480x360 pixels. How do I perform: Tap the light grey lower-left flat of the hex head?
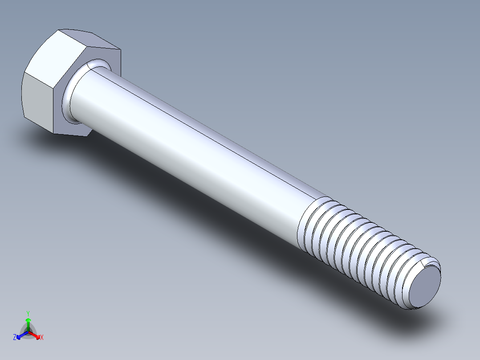click(38, 100)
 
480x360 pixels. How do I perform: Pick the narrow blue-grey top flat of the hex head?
click(89, 38)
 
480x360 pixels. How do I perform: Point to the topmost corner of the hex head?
click(59, 30)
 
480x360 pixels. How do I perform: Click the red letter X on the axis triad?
click(42, 338)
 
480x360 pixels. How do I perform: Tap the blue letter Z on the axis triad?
click(15, 338)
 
